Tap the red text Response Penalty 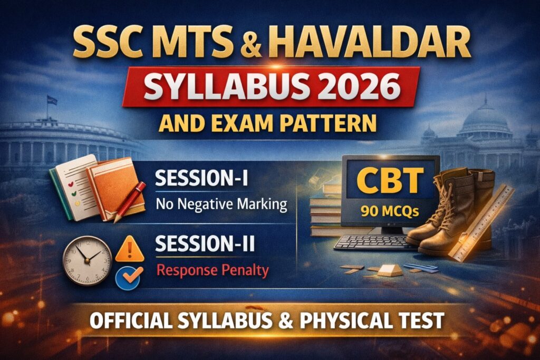[212, 270]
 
